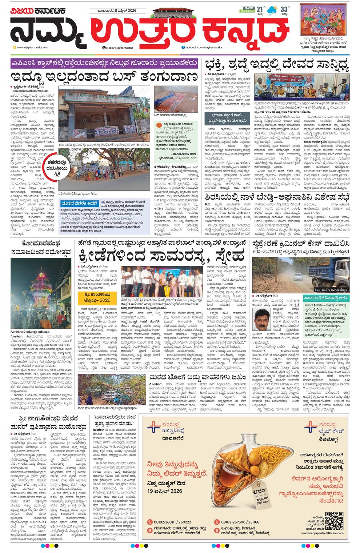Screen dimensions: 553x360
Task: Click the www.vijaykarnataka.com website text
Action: [x=31, y=48]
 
